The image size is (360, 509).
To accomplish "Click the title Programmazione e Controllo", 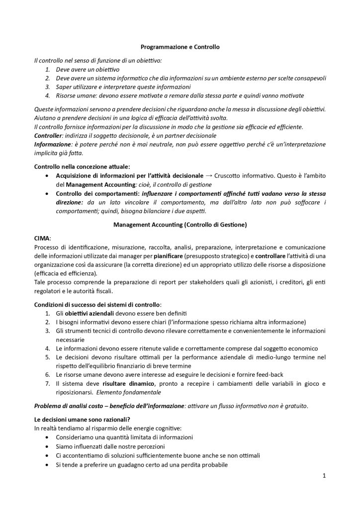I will coord(180,47).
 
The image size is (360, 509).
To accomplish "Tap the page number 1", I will coord(324,476).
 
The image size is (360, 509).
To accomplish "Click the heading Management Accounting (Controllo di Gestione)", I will coord(180,224).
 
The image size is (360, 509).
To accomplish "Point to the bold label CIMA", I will coord(42,238).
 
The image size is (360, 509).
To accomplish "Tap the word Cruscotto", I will coord(230,175).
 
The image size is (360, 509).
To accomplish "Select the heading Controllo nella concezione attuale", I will coord(82,166).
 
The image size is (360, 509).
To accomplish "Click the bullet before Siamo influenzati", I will coord(47,446).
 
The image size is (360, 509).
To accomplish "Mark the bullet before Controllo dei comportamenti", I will coord(47,193).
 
